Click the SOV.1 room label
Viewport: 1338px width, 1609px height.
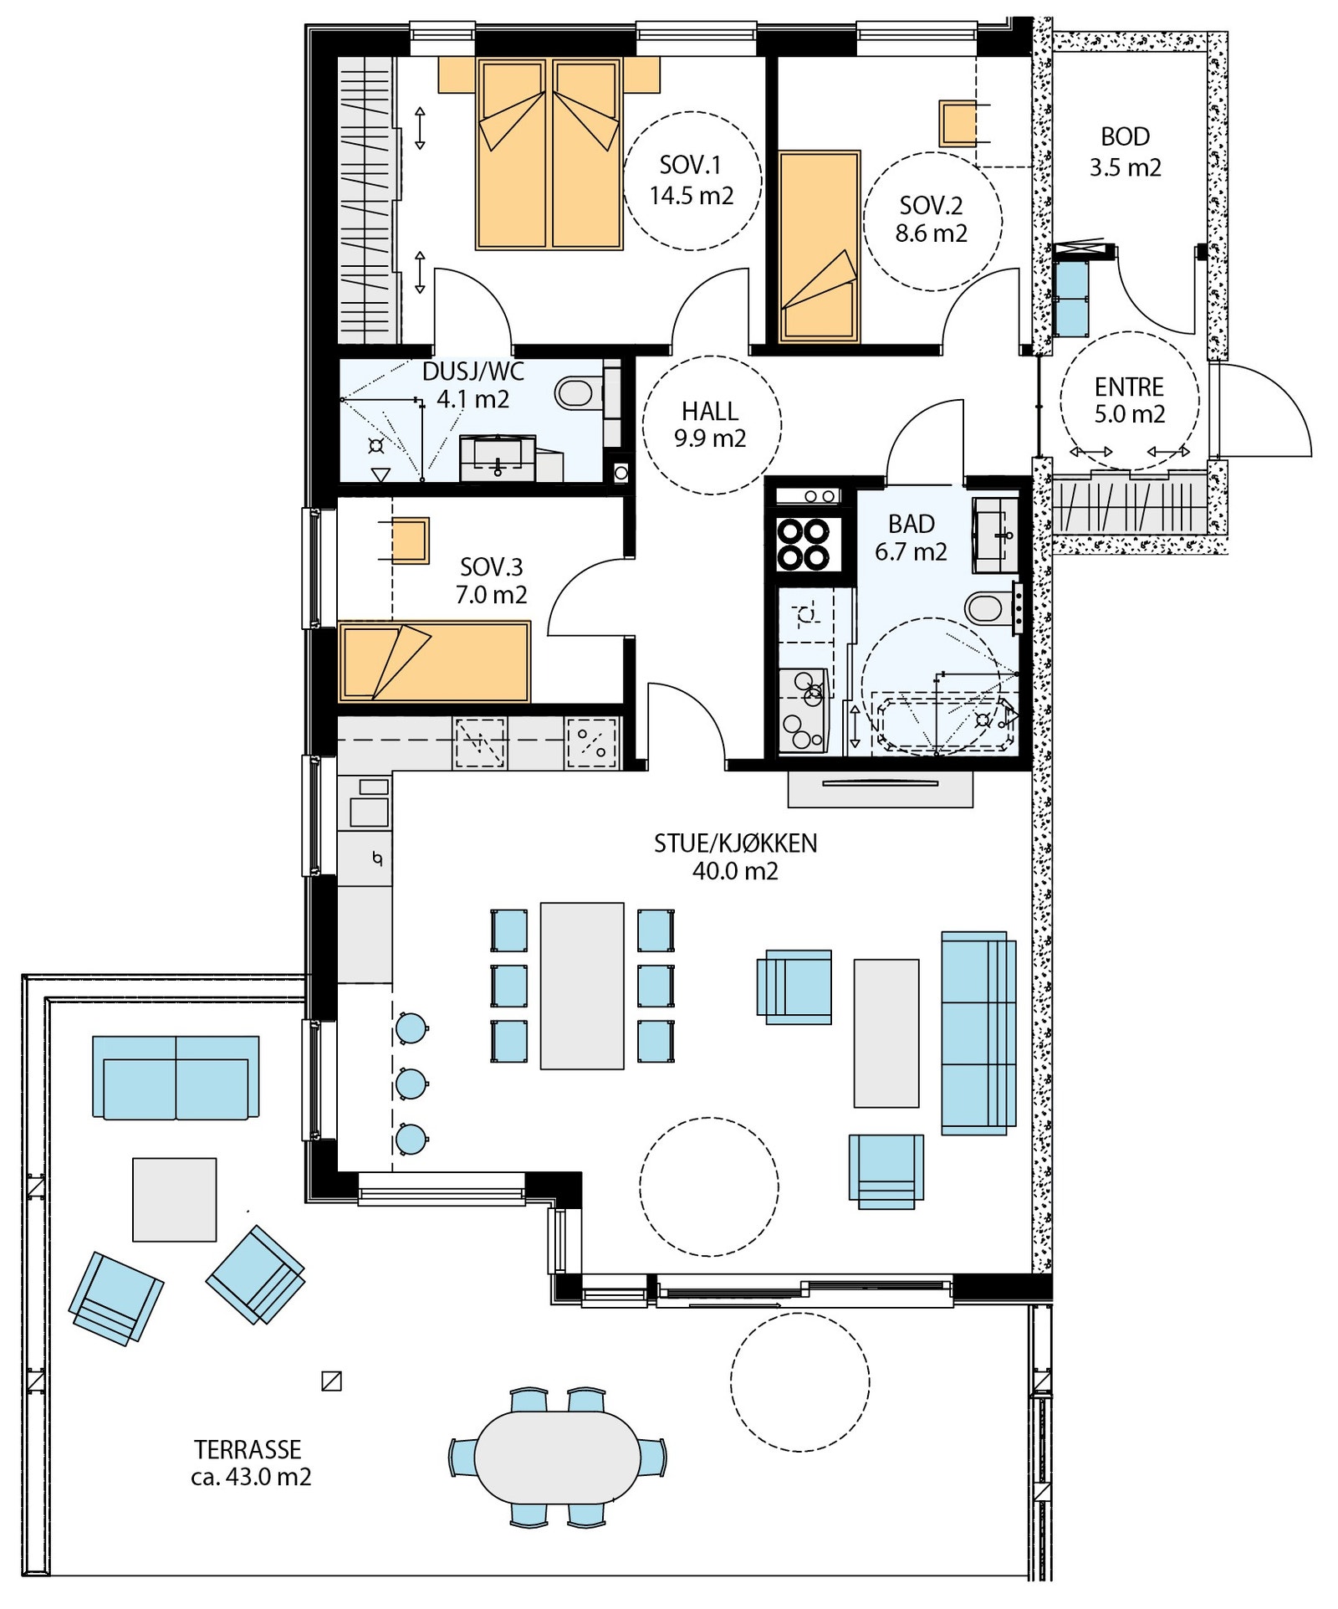click(691, 180)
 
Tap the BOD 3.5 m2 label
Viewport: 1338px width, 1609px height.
click(1125, 151)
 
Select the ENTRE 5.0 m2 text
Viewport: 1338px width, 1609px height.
click(1129, 400)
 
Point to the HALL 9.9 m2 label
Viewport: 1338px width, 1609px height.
click(710, 424)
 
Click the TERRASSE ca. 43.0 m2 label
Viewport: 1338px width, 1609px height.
click(251, 1463)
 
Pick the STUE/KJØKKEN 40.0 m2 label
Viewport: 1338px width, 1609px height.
click(735, 857)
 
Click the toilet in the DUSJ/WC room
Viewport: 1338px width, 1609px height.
click(578, 393)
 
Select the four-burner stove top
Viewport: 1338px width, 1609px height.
click(804, 544)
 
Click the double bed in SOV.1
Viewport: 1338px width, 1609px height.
click(549, 153)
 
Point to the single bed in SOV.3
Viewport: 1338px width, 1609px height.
click(434, 661)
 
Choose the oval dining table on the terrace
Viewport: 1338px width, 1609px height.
click(557, 1456)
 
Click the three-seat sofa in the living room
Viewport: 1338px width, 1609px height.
click(978, 1033)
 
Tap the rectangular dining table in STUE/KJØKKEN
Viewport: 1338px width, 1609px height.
click(582, 985)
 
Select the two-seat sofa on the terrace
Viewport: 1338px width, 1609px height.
click(176, 1077)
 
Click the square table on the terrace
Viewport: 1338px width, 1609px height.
click(175, 1199)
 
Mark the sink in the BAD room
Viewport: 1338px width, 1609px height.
click(995, 535)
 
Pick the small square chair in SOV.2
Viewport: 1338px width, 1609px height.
click(958, 123)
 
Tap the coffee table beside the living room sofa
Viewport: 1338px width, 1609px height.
click(886, 1033)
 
